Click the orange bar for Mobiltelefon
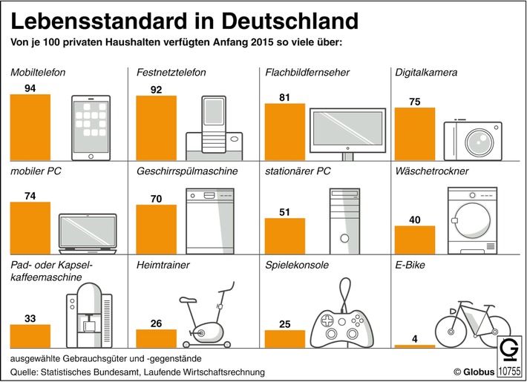point(30,127)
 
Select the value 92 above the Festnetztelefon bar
point(156,89)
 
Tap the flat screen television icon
point(347,132)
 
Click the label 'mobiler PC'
point(35,171)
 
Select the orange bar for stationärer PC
point(285,236)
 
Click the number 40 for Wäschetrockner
point(413,219)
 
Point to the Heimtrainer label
point(163,264)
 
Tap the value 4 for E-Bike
point(413,338)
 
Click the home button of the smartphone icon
point(91,155)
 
